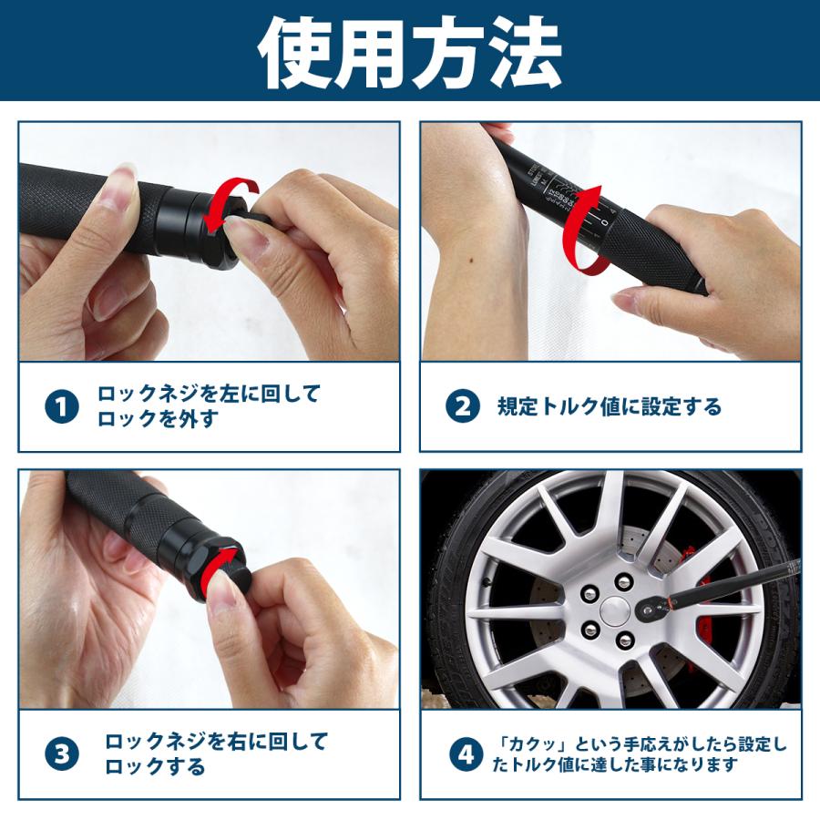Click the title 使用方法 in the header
pyautogui.click(x=409, y=52)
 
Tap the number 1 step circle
pyautogui.click(x=62, y=407)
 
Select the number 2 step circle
pyautogui.click(x=463, y=406)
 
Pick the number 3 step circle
pyautogui.click(x=62, y=753)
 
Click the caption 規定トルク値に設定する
pyautogui.click(x=609, y=406)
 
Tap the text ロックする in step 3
pyautogui.click(x=155, y=766)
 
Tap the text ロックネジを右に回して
pyautogui.click(x=215, y=742)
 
